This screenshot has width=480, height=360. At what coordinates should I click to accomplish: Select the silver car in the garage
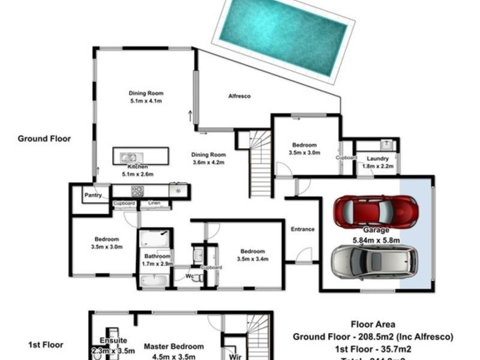(371, 262)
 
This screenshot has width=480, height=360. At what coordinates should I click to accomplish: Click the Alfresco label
(239, 97)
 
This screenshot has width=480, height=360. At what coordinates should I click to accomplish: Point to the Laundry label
(373, 158)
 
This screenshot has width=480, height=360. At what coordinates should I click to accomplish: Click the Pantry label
(92, 196)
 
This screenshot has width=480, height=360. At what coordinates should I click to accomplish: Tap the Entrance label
(303, 229)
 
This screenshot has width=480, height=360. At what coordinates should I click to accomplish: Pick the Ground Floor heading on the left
(44, 139)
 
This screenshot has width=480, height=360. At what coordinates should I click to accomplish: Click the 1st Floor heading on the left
(46, 345)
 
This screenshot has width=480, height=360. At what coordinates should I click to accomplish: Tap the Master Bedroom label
(173, 346)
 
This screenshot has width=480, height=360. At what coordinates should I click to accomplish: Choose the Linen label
(154, 203)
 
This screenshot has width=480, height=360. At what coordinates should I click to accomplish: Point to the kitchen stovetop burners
(137, 191)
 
